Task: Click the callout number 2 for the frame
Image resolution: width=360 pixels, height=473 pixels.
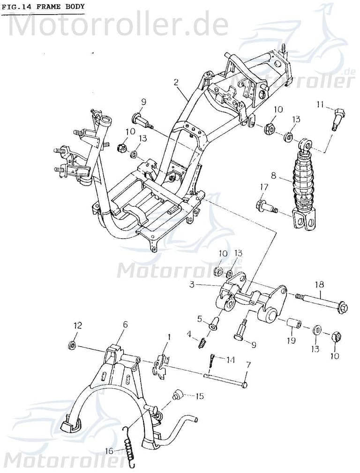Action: click(x=176, y=82)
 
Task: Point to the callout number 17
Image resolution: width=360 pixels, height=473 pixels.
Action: click(x=264, y=187)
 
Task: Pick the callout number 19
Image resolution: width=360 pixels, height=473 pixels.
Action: click(x=291, y=340)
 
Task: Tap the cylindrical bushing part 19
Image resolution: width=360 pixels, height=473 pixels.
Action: click(x=293, y=324)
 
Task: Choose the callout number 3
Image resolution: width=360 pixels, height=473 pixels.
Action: click(x=192, y=284)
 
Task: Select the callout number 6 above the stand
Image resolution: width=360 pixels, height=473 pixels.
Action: click(x=125, y=324)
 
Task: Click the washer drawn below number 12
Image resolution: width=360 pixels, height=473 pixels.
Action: click(x=73, y=346)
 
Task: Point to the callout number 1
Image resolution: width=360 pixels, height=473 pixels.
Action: click(x=169, y=336)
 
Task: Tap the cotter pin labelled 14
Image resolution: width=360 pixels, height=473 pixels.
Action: click(x=211, y=360)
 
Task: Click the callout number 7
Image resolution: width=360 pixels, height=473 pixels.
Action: click(x=248, y=364)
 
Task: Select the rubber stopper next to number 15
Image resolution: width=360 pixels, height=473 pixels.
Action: click(x=178, y=394)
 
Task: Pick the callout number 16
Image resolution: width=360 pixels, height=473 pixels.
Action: click(x=109, y=451)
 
